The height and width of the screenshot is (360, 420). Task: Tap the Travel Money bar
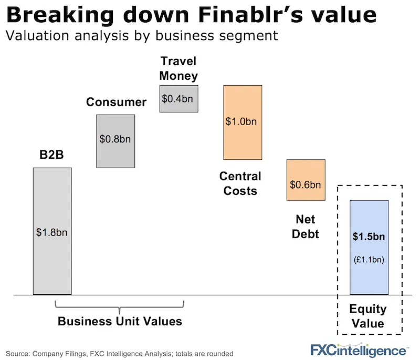pos(178,105)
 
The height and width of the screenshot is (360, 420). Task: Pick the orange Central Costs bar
pos(243,142)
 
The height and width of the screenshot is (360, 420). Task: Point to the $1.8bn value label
pos(52,232)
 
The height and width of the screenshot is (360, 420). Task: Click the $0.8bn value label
pos(115,140)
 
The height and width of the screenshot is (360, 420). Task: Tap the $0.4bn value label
pos(178,98)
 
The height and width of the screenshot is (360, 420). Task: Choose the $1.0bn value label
pos(243,121)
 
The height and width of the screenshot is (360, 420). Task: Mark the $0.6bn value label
pos(306,185)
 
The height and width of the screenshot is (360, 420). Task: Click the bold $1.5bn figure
pos(369,236)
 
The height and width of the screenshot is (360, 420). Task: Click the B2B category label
pos(52,156)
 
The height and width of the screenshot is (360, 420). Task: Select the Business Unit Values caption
pos(120,321)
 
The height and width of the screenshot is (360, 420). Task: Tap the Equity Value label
pos(369,316)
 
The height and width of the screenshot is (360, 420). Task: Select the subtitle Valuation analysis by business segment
pos(142,37)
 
